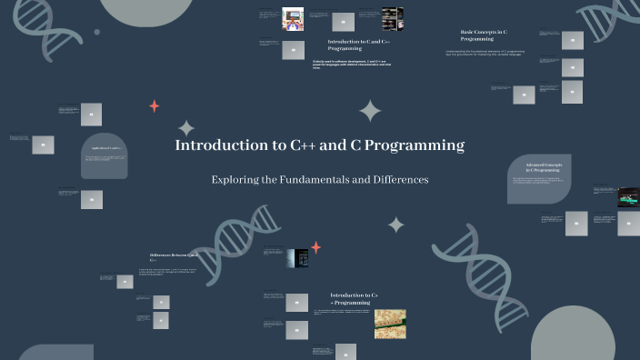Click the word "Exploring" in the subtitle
[x=235, y=180]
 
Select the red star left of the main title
[x=154, y=106]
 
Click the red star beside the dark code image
[x=316, y=247]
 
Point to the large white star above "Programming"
[x=370, y=111]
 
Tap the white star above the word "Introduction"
[x=186, y=128]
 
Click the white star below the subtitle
[x=396, y=225]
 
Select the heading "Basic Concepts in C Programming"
[x=484, y=35]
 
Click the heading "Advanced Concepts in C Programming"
[x=544, y=166]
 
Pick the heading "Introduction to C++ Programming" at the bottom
[x=354, y=298]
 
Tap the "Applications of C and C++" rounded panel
[x=104, y=155]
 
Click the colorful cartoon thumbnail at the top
[x=292, y=18]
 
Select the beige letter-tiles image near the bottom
[x=390, y=323]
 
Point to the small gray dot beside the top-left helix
[x=97, y=32]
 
